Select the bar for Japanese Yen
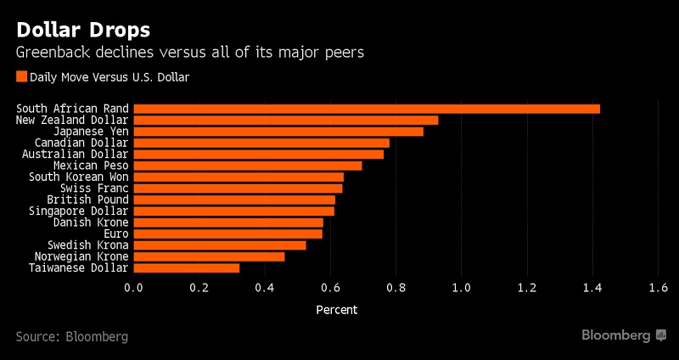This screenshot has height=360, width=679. (x=278, y=132)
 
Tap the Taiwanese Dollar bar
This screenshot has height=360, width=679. (x=187, y=267)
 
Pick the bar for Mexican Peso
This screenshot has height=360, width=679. (x=248, y=166)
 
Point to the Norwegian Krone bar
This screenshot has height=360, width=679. (x=210, y=256)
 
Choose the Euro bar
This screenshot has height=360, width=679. (x=228, y=233)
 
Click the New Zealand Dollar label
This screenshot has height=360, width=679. (x=72, y=120)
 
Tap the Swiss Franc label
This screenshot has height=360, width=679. (x=94, y=188)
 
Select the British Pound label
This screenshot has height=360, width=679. (x=87, y=200)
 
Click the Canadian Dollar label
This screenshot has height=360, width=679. (x=81, y=143)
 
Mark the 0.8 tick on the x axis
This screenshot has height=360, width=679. (x=396, y=288)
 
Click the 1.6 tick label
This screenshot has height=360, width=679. (x=658, y=288)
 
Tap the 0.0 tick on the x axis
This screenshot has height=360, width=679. (x=134, y=288)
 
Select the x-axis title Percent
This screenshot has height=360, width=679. (x=337, y=310)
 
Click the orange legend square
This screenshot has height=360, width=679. (x=21, y=77)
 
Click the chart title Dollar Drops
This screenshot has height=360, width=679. (x=83, y=30)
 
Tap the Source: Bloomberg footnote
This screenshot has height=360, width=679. (x=71, y=336)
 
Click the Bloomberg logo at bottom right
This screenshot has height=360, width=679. (x=623, y=335)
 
